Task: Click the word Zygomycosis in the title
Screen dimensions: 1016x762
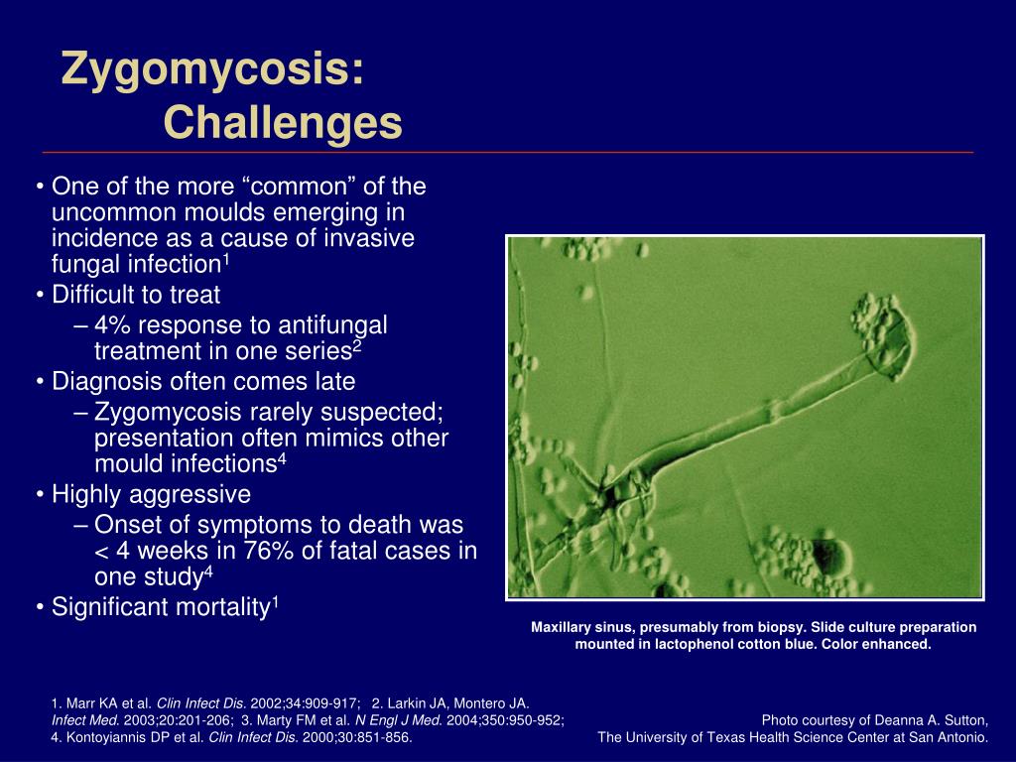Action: (x=212, y=70)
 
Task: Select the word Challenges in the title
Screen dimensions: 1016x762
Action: (x=283, y=122)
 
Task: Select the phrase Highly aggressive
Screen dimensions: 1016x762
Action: (x=151, y=495)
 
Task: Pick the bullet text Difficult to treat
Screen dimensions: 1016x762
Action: (x=136, y=295)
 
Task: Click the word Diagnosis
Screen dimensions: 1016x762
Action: (x=102, y=382)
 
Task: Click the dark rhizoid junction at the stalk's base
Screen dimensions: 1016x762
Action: (x=609, y=496)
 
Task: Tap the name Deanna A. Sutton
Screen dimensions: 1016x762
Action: (x=931, y=720)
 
